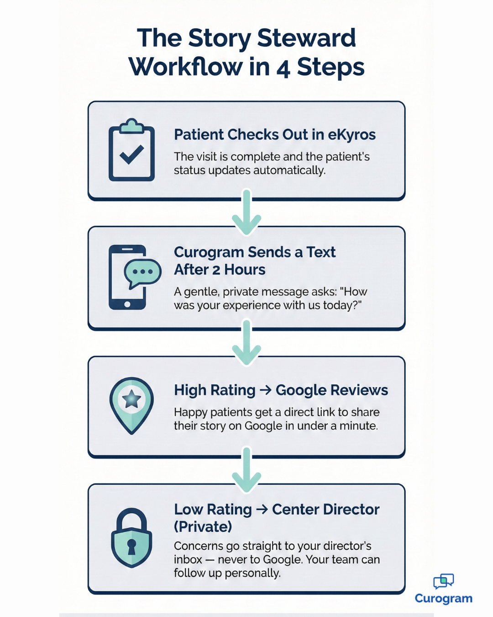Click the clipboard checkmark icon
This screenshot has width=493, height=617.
click(x=131, y=151)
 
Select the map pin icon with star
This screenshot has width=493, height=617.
click(x=131, y=405)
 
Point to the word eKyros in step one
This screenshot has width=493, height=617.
click(x=351, y=135)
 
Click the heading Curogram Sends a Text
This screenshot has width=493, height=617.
click(x=254, y=252)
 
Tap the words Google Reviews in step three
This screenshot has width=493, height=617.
click(x=331, y=390)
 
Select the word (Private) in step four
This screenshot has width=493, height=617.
click(x=203, y=527)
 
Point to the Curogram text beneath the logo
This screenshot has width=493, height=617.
click(x=443, y=599)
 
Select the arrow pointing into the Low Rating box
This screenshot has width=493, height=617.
click(x=246, y=471)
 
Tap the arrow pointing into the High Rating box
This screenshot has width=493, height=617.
click(x=246, y=343)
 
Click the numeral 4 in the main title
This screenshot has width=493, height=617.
click(x=283, y=68)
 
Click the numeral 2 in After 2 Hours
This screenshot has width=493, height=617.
click(x=216, y=270)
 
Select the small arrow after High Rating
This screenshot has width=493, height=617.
click(x=266, y=390)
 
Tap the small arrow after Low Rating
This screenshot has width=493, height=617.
click(x=262, y=510)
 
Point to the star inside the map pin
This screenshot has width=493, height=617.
click(x=131, y=399)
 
